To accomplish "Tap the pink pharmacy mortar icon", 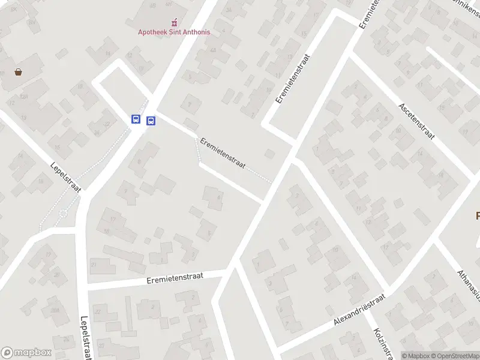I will [175, 22].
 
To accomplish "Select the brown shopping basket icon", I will [19, 72].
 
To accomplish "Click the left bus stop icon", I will [136, 119].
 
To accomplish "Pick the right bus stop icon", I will [151, 121].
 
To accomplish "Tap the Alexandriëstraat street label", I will [359, 311].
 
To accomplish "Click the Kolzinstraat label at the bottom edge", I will [383, 343].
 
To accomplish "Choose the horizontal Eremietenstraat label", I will [175, 277].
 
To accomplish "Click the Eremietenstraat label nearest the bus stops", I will [223, 153].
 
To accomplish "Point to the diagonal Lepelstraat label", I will [65, 176].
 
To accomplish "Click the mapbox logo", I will [26, 352].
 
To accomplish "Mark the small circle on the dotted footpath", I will [63, 214].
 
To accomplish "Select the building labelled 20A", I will [55, 310].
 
